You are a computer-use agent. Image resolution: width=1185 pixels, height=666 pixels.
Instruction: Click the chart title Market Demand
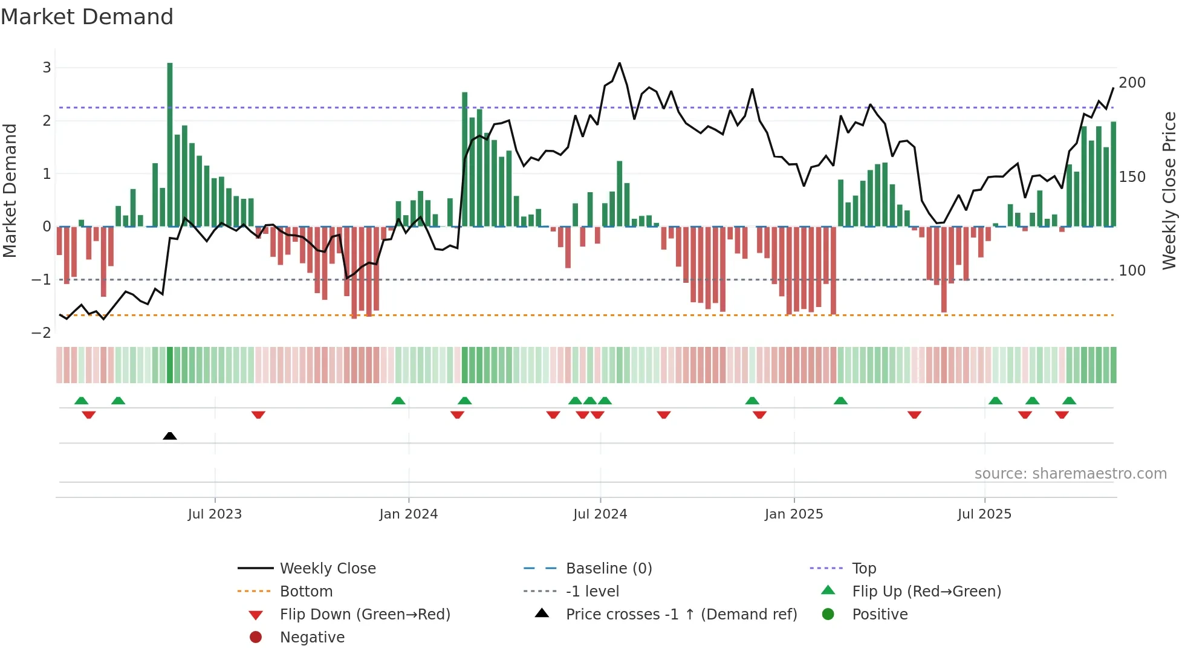[x=87, y=17]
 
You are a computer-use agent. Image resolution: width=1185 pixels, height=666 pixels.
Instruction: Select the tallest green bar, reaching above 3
[x=170, y=145]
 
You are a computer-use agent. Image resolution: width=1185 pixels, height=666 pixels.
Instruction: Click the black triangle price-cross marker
[x=170, y=436]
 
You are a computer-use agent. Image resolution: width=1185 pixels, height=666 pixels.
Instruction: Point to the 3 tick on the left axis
[x=47, y=68]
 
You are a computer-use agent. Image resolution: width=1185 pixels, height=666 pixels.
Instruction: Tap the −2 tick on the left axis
[x=42, y=333]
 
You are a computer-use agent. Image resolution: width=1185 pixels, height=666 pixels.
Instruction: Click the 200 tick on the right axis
[x=1132, y=83]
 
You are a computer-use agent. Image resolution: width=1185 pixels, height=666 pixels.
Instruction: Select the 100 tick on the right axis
[x=1132, y=271]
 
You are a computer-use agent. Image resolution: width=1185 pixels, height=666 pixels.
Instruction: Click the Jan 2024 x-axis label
[x=408, y=514]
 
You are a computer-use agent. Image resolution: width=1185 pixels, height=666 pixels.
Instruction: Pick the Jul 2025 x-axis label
[x=984, y=514]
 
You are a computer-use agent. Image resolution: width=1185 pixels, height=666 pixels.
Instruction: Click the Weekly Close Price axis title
[x=1169, y=190]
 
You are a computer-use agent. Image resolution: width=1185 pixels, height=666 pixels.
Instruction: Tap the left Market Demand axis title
[x=10, y=190]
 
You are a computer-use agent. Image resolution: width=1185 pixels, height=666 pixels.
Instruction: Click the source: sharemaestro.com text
[x=1070, y=474]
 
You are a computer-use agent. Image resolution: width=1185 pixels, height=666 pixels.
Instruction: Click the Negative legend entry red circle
[x=256, y=638]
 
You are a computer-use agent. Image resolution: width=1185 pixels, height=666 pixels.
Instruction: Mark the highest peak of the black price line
[x=619, y=63]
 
